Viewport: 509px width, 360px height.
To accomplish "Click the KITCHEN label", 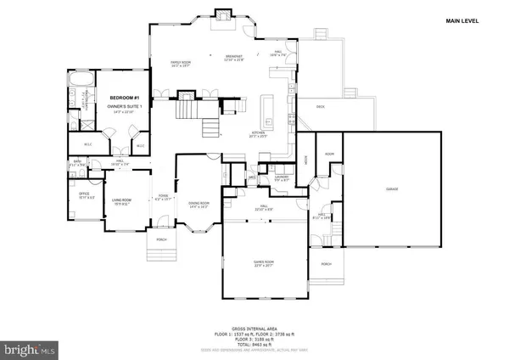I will pos(259,134).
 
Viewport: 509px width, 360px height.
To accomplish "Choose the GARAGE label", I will pos(392,188).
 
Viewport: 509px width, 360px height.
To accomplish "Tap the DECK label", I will pos(320,107).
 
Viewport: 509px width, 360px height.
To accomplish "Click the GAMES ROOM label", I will pos(262,263).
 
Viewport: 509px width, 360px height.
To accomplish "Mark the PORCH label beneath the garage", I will pos(327,264).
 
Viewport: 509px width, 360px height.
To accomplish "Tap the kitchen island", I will pos(266,109).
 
